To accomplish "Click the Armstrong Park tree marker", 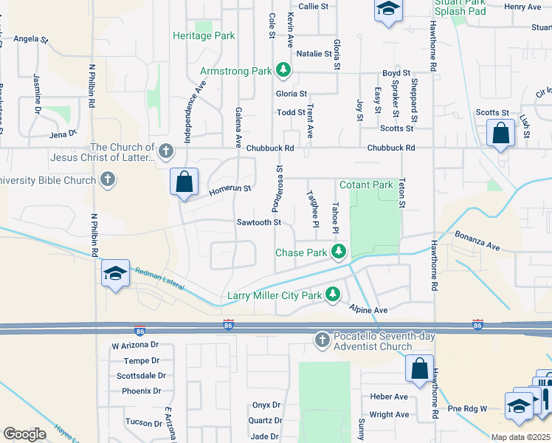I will [282, 71].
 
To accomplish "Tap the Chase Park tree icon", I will [339, 253].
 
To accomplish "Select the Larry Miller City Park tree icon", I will [333, 295].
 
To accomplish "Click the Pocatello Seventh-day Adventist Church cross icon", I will [322, 340].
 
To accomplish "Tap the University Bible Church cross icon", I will [108, 179].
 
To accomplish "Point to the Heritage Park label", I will [203, 35].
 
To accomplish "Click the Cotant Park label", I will [366, 185].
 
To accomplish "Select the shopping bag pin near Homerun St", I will [184, 182].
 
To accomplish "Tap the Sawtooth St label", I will [259, 222].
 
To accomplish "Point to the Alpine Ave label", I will [369, 311].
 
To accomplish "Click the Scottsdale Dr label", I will [138, 376].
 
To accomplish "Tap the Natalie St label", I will [314, 54].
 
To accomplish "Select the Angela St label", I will [30, 38].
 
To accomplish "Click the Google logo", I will [24, 433].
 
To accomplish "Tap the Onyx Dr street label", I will [266, 405].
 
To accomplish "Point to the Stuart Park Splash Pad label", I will [460, 7].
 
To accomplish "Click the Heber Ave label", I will [390, 397].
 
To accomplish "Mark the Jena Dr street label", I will [63, 134].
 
